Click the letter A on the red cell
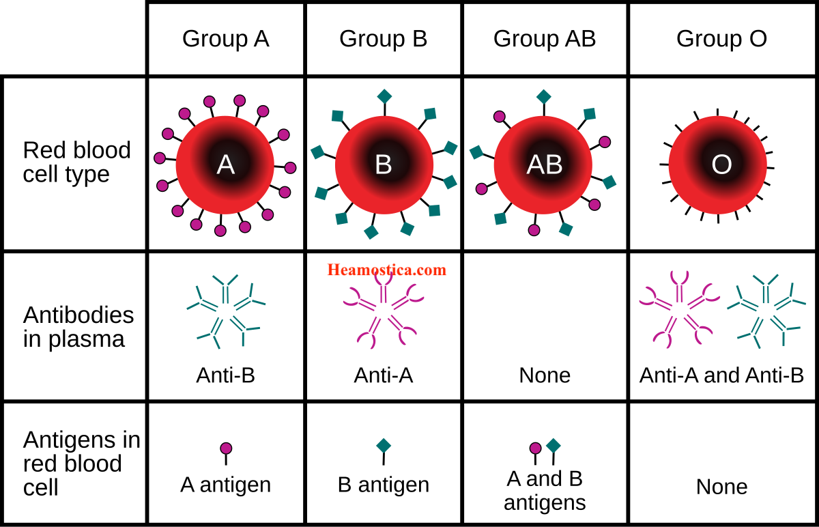(x=225, y=165)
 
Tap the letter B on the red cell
(x=384, y=165)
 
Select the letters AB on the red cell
(x=544, y=165)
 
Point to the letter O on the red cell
(x=721, y=165)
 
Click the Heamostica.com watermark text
(x=386, y=270)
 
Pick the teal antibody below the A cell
(x=226, y=311)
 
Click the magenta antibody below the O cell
(x=679, y=309)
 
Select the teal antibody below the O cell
(x=766, y=311)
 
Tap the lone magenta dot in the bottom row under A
(x=226, y=448)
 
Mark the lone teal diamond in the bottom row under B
(x=384, y=446)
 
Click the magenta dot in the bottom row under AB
(x=535, y=448)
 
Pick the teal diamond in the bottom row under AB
(x=554, y=446)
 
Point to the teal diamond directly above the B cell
(x=384, y=96)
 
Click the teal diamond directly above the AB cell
(x=543, y=96)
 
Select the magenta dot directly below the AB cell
(x=534, y=230)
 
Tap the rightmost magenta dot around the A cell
(x=290, y=168)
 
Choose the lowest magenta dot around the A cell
(x=220, y=231)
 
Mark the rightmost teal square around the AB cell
(x=609, y=182)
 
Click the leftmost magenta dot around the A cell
(x=160, y=158)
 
